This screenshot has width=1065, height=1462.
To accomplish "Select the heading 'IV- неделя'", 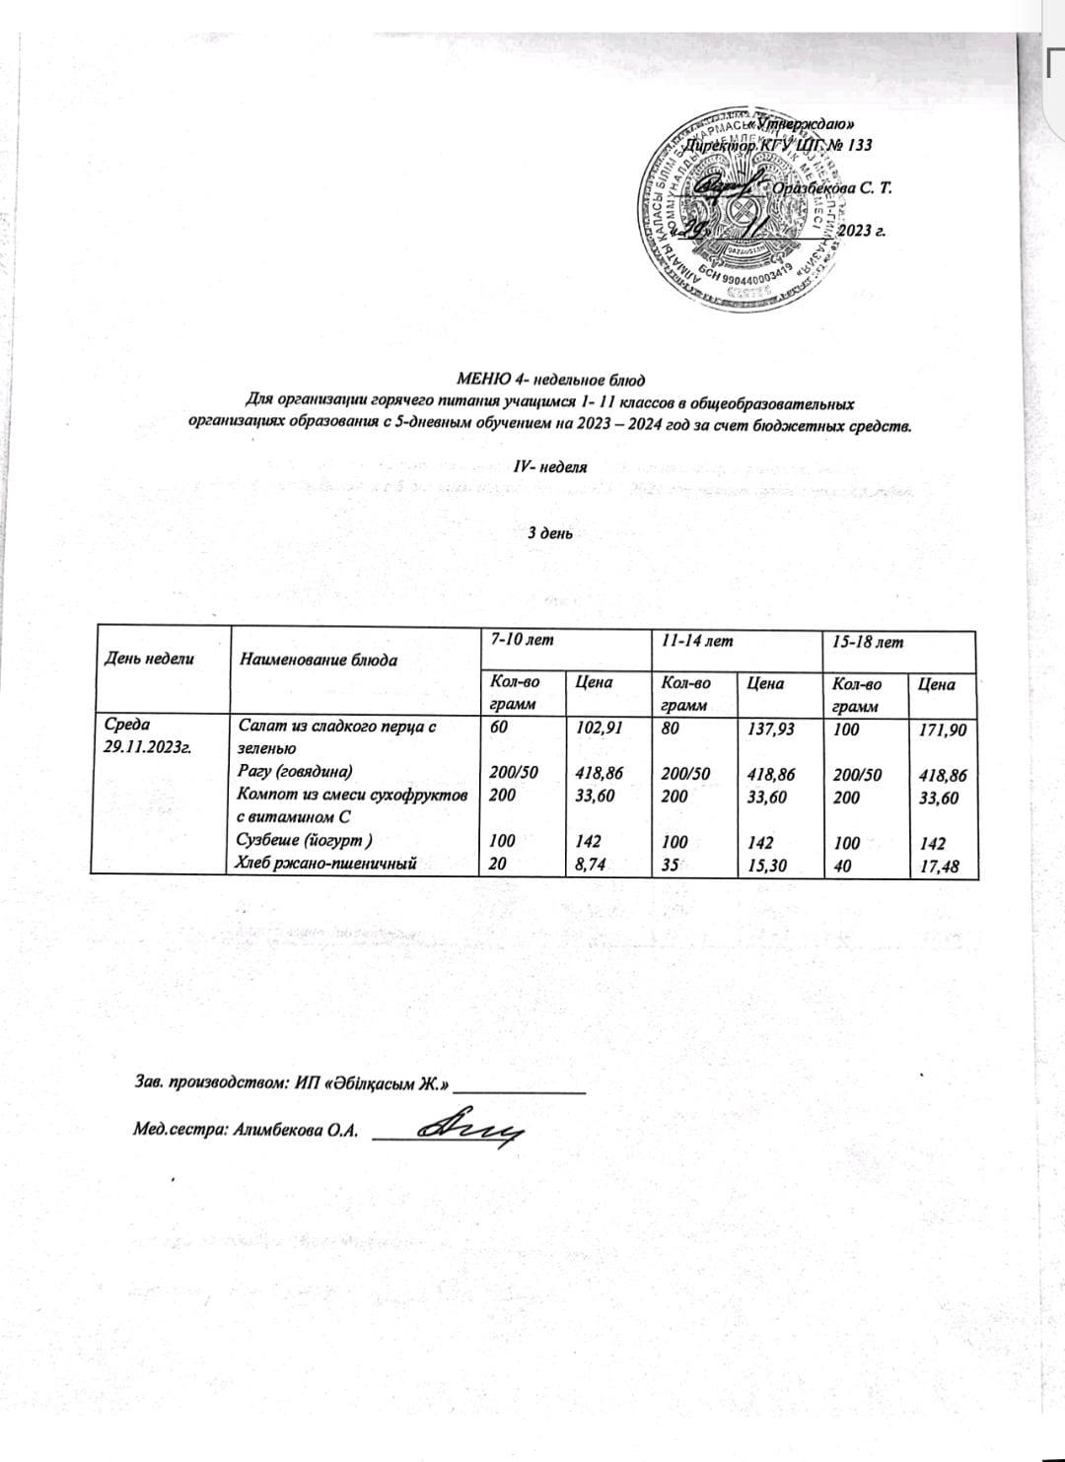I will click(551, 466).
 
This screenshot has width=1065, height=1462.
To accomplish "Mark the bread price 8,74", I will click(589, 865).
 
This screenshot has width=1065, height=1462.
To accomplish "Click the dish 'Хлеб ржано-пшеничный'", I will click(321, 864).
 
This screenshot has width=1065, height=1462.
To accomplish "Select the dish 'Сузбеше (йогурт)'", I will click(299, 841).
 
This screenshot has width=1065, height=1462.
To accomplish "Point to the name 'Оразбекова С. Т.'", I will click(833, 188).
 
